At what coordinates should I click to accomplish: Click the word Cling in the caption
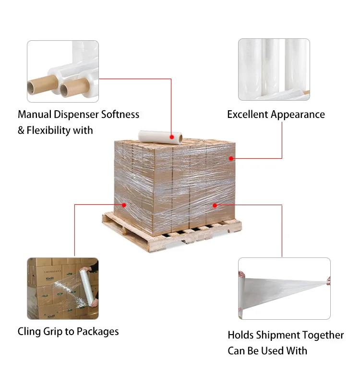coord(28,331)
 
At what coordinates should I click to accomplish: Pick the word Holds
coord(241,335)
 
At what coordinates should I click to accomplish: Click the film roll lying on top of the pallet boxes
coord(160,137)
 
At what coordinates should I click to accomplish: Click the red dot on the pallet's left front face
coord(124,205)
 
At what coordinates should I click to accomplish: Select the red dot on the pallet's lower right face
coord(215,205)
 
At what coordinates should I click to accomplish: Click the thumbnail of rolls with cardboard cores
coord(63,71)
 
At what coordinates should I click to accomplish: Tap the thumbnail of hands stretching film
coord(284,289)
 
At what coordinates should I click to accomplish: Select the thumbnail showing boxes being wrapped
coord(63,289)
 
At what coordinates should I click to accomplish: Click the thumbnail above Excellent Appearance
coord(274,70)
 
